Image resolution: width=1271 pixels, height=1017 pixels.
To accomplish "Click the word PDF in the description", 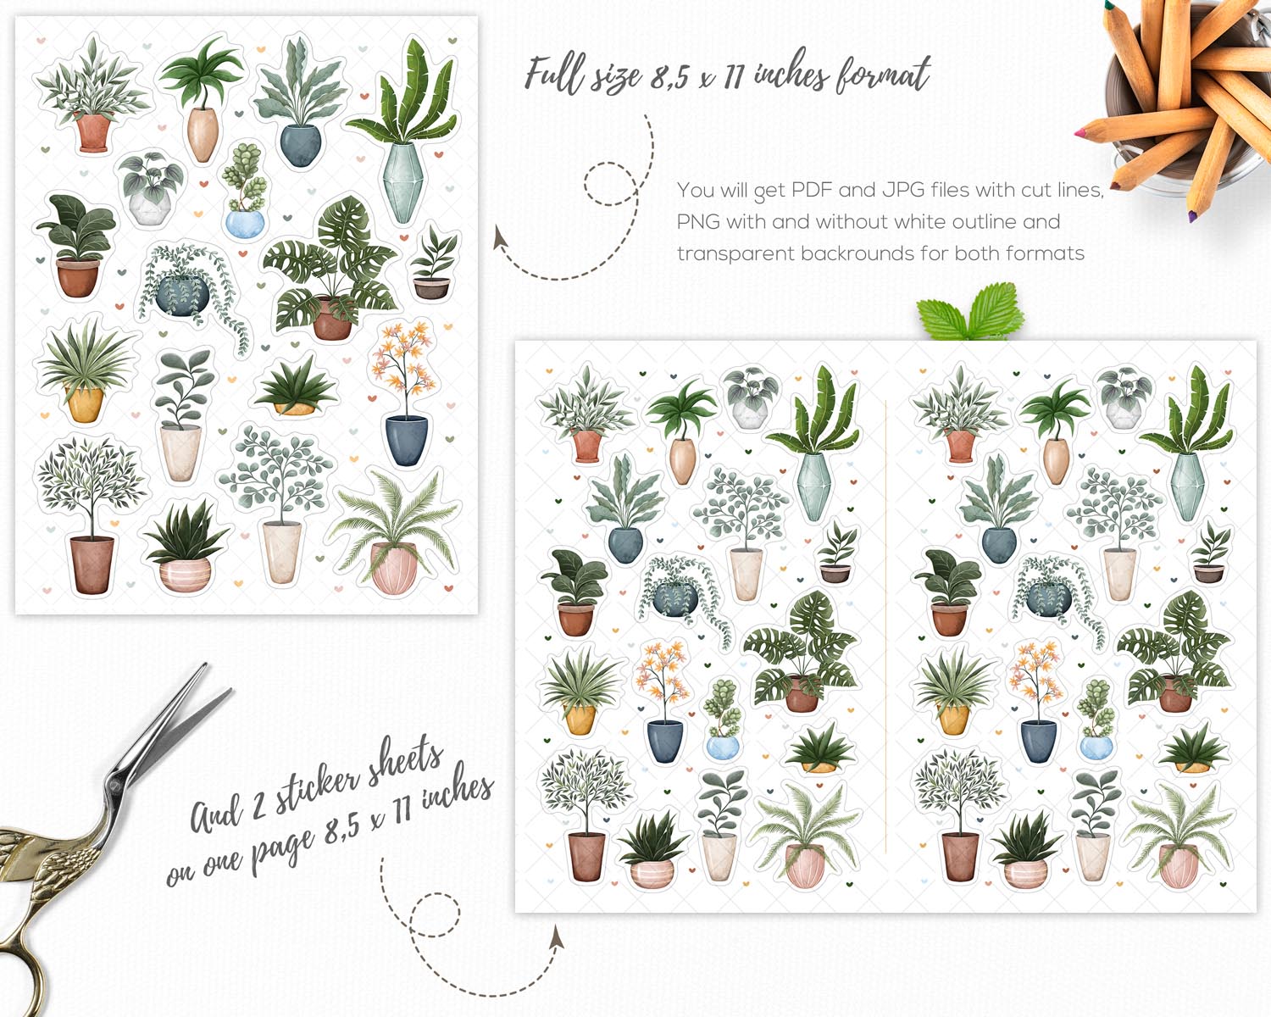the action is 813,190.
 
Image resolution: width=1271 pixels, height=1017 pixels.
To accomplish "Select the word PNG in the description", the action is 698,221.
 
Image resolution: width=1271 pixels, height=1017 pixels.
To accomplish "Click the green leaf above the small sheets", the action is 970,313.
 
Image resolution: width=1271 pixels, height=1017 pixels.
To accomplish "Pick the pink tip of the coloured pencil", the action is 1080,132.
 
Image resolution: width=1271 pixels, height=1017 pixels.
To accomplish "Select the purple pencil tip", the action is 1192,216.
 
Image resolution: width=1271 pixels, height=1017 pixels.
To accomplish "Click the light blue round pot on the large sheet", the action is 245,224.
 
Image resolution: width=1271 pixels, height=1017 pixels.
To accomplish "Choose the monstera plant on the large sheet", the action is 330,269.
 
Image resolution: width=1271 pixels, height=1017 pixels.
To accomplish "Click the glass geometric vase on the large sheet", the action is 402,182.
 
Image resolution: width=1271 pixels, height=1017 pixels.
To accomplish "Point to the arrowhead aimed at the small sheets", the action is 557,938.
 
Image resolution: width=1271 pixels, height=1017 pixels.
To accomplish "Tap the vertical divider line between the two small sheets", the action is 886,626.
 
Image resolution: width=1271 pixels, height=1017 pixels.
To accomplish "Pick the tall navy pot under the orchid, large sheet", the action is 407,440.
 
